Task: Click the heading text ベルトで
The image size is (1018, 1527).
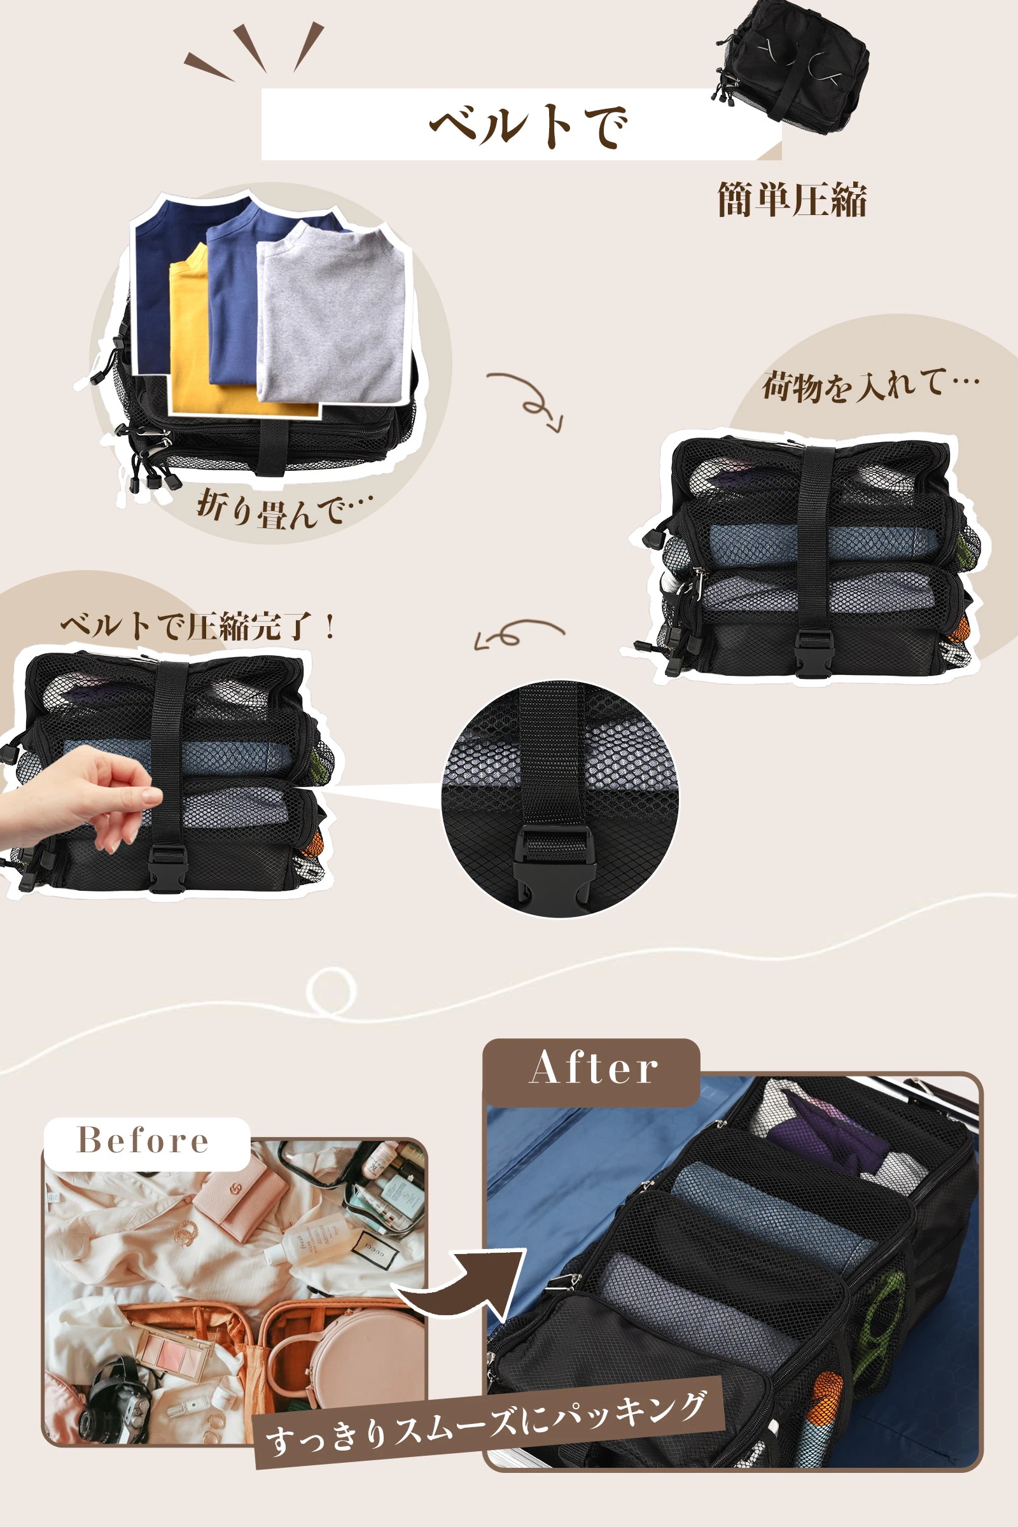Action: pos(528,125)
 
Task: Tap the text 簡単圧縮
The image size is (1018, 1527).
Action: pos(792,199)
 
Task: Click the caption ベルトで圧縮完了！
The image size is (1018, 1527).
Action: pos(199,627)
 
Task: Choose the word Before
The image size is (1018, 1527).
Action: pos(143,1140)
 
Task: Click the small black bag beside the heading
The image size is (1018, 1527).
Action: pos(792,65)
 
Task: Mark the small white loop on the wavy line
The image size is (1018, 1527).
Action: pos(331,991)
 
